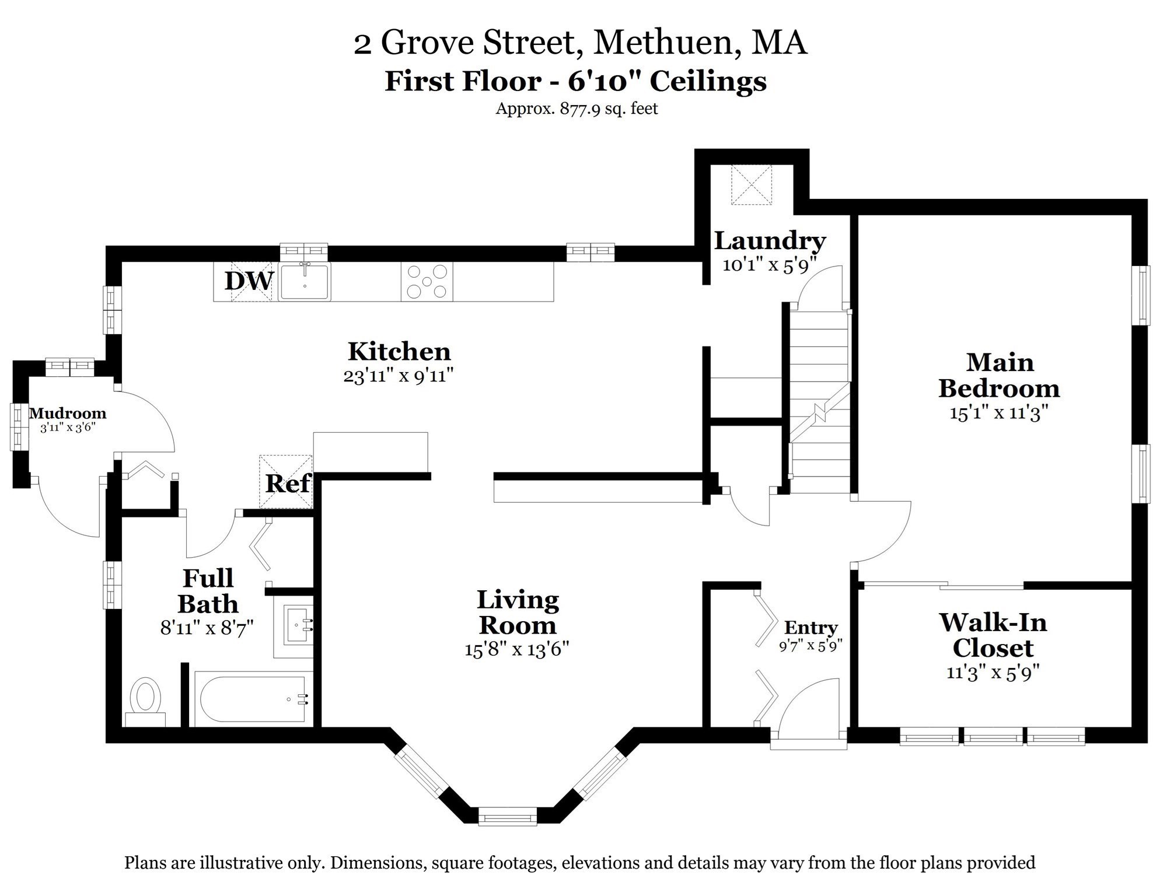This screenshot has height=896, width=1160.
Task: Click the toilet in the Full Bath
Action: pyautogui.click(x=145, y=702)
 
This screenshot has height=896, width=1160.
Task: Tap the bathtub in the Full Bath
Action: pyautogui.click(x=254, y=699)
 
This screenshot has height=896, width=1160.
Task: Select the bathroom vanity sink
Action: pyautogui.click(x=298, y=625)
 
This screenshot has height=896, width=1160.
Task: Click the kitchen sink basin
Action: pyautogui.click(x=305, y=282)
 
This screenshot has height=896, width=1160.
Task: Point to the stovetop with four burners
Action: pyautogui.click(x=427, y=282)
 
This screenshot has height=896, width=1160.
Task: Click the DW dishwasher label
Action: pyautogui.click(x=249, y=281)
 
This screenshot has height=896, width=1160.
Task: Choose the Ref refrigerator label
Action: pyautogui.click(x=288, y=484)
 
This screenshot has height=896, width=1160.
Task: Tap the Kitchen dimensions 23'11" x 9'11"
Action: pyautogui.click(x=399, y=376)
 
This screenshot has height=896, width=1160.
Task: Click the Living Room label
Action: pyautogui.click(x=518, y=612)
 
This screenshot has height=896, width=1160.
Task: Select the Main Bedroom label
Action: pyautogui.click(x=999, y=376)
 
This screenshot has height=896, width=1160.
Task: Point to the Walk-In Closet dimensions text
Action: pyautogui.click(x=993, y=673)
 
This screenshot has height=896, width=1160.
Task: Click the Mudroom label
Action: pyautogui.click(x=68, y=414)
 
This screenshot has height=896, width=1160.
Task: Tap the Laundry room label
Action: pyautogui.click(x=770, y=240)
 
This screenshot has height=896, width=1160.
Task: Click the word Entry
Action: pyautogui.click(x=811, y=628)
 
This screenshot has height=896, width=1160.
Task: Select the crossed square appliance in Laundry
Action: pyautogui.click(x=752, y=184)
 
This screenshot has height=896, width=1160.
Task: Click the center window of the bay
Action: pyautogui.click(x=507, y=817)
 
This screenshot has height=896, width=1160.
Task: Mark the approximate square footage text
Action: pyautogui.click(x=576, y=108)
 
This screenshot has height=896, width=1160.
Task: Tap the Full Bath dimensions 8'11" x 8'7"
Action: pyautogui.click(x=207, y=628)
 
